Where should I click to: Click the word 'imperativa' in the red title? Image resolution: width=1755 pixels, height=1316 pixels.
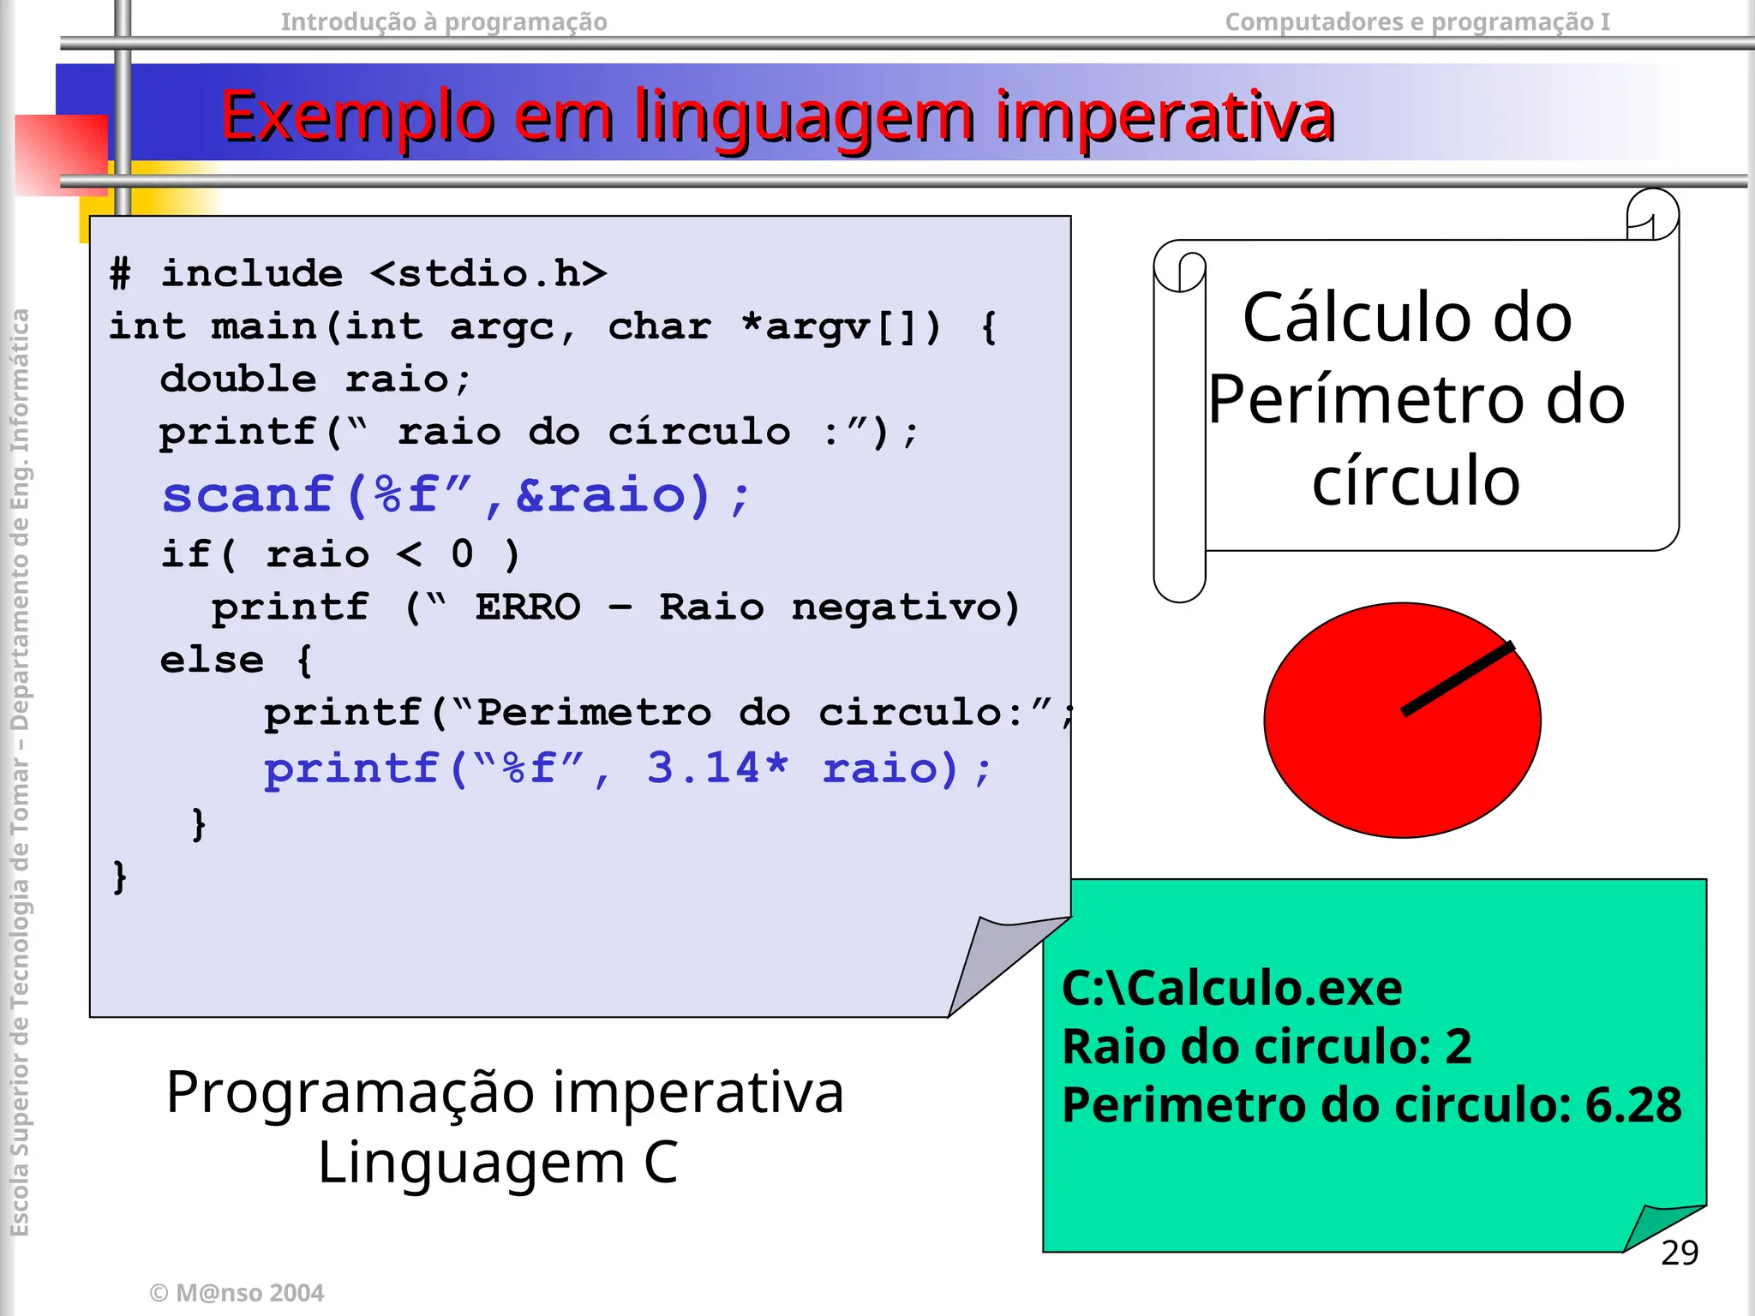coord(1164,117)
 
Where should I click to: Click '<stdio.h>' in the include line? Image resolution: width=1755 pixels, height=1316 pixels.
coord(488,274)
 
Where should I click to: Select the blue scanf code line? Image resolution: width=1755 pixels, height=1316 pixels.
coord(456,495)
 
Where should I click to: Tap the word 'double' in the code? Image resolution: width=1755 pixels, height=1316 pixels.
coord(238,379)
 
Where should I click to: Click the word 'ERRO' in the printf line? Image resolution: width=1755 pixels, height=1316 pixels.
coord(528,607)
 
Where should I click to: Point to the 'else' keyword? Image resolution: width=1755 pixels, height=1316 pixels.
coord(212,661)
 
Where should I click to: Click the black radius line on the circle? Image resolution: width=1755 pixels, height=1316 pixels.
coord(1457,679)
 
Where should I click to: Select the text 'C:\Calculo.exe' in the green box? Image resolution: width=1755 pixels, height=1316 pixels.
coord(1231,988)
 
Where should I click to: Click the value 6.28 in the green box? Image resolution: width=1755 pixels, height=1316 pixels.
coord(1632,1105)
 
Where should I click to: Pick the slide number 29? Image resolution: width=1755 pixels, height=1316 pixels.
coord(1679,1253)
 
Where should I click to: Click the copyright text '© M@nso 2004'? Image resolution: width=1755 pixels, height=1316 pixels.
coord(237,1292)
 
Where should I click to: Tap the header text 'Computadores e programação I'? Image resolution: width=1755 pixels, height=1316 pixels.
coord(1417,21)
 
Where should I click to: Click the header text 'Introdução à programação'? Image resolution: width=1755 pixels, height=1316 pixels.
coord(444,21)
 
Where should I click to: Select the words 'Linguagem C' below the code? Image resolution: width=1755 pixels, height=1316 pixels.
coord(498,1163)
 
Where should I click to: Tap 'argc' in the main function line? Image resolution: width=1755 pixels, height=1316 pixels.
coord(502,327)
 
